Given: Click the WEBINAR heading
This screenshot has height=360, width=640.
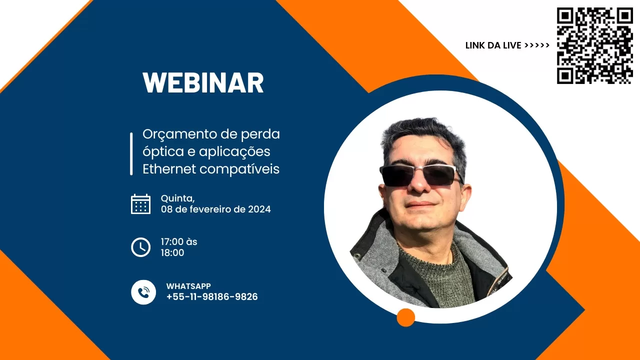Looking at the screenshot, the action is click(x=203, y=83).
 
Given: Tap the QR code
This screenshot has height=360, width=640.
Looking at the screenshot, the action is click(x=595, y=45).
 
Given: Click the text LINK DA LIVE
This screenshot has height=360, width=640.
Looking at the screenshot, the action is click(x=493, y=45).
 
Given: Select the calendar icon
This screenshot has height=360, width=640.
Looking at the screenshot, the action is click(x=141, y=204).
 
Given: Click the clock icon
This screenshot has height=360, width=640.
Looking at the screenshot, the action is click(x=141, y=247).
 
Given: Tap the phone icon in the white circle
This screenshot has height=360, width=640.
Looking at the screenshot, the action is click(x=143, y=292).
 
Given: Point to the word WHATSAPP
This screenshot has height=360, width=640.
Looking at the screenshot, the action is click(x=188, y=286).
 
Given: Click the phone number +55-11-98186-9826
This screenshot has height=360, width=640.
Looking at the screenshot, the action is click(x=212, y=297).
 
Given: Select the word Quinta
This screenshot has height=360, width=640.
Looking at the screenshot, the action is click(x=177, y=198).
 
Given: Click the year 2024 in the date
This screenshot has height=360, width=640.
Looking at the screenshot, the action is click(x=259, y=209).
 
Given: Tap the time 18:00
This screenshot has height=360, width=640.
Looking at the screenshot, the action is click(x=172, y=253).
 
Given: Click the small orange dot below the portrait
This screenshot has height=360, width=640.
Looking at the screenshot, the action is click(x=405, y=317).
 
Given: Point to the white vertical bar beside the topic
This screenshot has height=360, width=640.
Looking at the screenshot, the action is click(x=131, y=153).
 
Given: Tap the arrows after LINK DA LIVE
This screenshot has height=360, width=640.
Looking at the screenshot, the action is click(x=537, y=45).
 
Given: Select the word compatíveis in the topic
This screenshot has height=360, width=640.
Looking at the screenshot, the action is click(x=239, y=169).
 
